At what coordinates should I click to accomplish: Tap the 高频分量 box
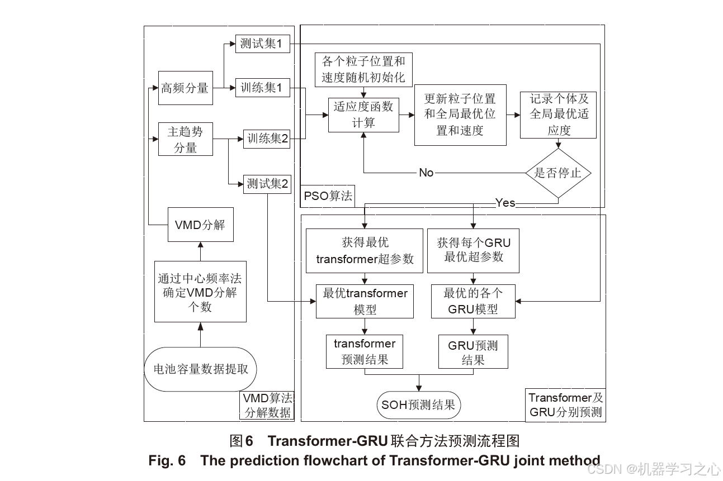185,88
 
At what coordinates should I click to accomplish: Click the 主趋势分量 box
185,139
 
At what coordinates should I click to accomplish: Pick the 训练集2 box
267,139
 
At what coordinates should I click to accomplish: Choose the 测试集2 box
267,184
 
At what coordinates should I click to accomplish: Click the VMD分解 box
200,225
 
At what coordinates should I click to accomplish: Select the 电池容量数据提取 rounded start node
200,369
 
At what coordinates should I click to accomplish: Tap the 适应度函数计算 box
363,115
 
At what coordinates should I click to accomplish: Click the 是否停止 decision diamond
558,173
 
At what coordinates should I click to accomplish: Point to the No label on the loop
426,173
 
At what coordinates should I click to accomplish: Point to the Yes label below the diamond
505,203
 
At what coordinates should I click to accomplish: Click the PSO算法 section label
328,196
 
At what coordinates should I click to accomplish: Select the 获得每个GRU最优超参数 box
473,250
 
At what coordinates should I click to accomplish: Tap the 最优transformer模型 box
365,301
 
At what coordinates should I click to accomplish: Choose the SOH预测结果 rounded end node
418,405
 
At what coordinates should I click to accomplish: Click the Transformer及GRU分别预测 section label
566,405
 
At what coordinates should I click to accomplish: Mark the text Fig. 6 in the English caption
167,460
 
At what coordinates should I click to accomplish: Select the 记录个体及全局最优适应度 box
558,115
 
